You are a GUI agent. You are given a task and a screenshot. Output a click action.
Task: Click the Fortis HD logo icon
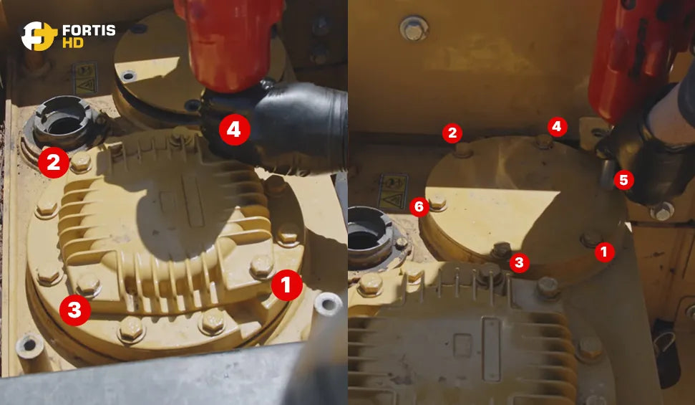point(39,36)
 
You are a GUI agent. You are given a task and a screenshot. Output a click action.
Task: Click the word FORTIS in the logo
point(89,31)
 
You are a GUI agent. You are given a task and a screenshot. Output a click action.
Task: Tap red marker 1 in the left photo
point(287,285)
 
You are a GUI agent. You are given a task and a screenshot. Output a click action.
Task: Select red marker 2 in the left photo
point(54,163)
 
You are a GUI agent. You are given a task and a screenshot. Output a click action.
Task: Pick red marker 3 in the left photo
point(75,310)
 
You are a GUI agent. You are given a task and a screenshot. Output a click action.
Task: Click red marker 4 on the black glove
point(235,130)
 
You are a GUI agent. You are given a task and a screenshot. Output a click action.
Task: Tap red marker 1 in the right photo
point(604,252)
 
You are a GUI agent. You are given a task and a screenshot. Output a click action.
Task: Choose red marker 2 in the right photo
point(452,133)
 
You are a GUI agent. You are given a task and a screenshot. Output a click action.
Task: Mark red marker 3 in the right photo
point(519,263)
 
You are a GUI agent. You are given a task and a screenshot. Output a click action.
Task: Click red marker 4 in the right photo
point(557,128)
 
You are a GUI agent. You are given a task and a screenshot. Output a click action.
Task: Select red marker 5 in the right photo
point(623,181)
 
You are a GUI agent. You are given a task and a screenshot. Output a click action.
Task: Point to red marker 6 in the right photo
point(419,206)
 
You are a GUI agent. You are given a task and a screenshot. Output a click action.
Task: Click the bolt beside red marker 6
point(437,202)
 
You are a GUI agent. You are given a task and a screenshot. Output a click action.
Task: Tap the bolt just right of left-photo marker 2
point(81,162)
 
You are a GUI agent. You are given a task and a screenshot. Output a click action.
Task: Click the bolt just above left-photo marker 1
point(262,266)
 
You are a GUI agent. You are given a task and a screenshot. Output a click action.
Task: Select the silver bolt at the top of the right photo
point(414,29)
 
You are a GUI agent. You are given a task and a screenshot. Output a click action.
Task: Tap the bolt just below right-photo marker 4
point(543,142)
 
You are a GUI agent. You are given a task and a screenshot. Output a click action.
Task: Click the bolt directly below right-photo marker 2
point(462,150)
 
